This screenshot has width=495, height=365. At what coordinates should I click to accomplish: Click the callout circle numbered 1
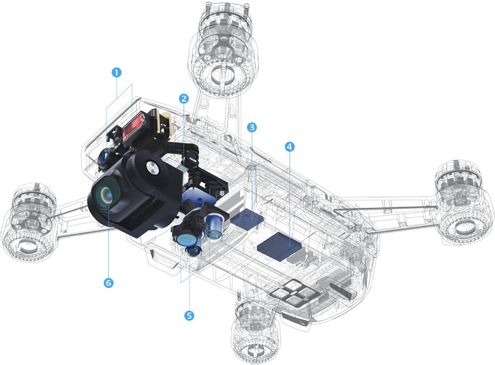(x=116, y=73)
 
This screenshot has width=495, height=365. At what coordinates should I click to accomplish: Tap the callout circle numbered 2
(x=184, y=99)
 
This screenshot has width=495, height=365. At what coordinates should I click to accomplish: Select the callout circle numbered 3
(x=251, y=128)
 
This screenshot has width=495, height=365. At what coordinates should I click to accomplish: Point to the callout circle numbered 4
(x=290, y=146)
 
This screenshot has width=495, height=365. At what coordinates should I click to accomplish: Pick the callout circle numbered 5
(x=189, y=315)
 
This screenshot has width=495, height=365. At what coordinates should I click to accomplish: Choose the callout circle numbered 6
(x=108, y=283)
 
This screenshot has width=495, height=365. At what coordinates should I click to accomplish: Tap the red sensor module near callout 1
(x=135, y=130)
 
